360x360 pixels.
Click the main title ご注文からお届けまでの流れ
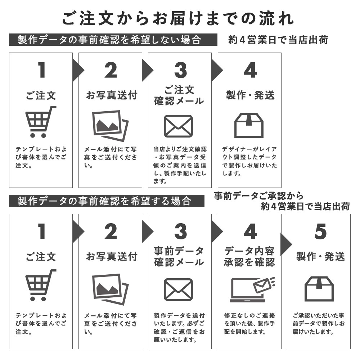click(178, 18)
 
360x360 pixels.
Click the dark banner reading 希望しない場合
click(113, 40)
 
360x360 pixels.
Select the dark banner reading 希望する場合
click(107, 201)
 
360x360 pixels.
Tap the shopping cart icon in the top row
click(41, 122)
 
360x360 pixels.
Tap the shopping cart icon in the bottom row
click(41, 285)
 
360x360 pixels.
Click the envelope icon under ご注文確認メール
click(179, 126)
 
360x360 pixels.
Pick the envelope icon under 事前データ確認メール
click(179, 289)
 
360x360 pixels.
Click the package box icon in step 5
click(319, 289)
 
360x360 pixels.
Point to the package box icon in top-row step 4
click(249, 125)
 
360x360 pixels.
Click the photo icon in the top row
click(111, 126)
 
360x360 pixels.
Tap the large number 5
click(320, 231)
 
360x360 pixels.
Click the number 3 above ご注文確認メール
click(180, 70)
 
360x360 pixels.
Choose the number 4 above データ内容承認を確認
click(250, 231)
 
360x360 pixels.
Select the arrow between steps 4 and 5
click(286, 244)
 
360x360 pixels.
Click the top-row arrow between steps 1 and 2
click(78, 70)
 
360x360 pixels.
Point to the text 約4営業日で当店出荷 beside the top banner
click(278, 40)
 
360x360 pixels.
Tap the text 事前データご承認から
click(258, 196)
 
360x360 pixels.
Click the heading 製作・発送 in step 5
click(320, 256)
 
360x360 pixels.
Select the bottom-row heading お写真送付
click(112, 256)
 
